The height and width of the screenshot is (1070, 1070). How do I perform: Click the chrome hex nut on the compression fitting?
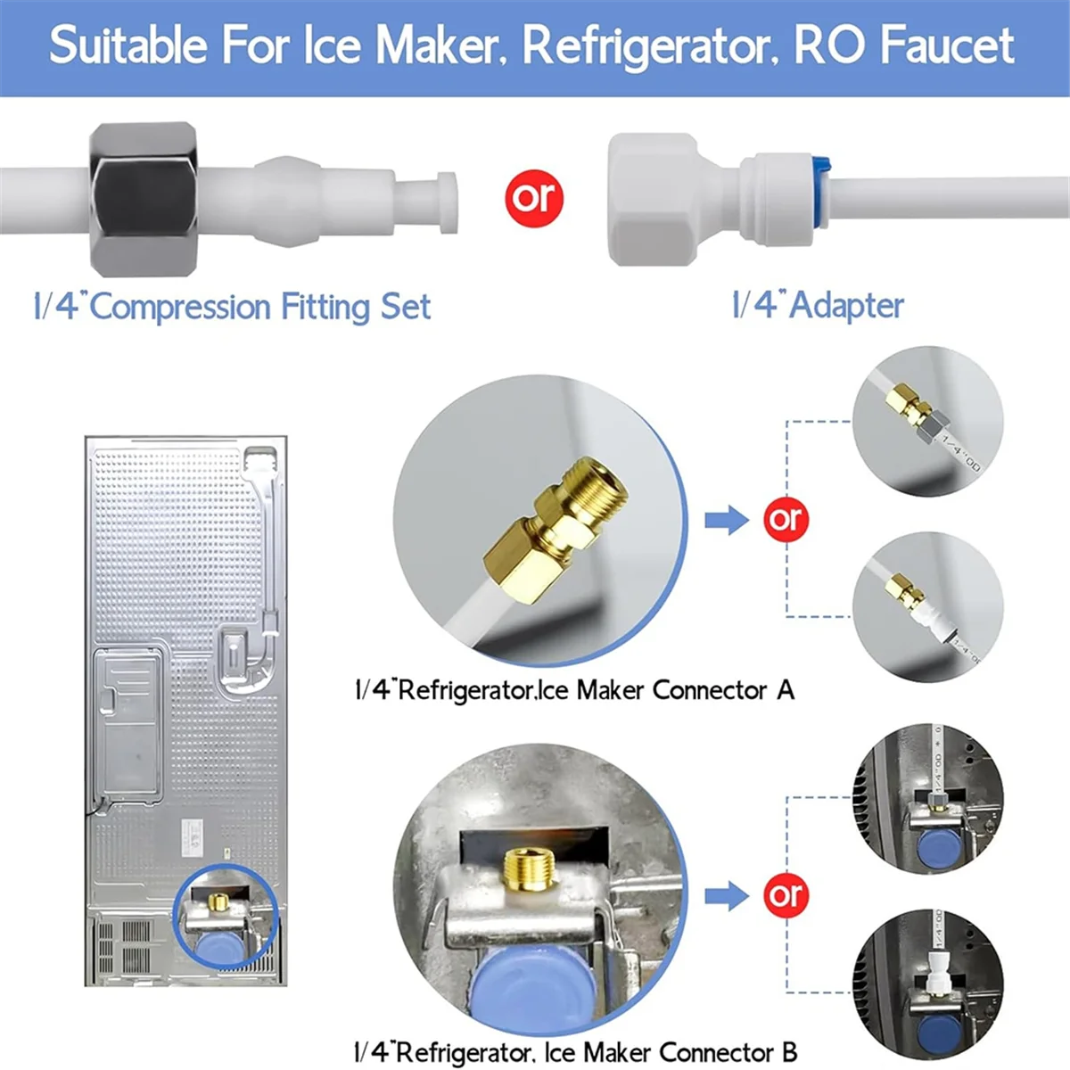143,200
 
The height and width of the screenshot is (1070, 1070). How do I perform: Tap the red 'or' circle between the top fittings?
533,197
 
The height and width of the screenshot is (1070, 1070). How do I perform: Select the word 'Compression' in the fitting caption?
181,307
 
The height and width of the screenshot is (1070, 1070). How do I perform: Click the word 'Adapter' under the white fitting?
846,305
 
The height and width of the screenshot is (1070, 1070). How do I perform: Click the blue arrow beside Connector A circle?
727,519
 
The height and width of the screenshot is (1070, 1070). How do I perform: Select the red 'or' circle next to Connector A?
786,519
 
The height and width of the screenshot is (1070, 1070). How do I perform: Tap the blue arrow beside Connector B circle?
727,895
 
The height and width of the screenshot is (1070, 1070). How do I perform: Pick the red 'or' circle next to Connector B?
786,895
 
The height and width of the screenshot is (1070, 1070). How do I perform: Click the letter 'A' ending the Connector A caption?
785,689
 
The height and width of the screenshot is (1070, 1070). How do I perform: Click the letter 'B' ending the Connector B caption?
788,1052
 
